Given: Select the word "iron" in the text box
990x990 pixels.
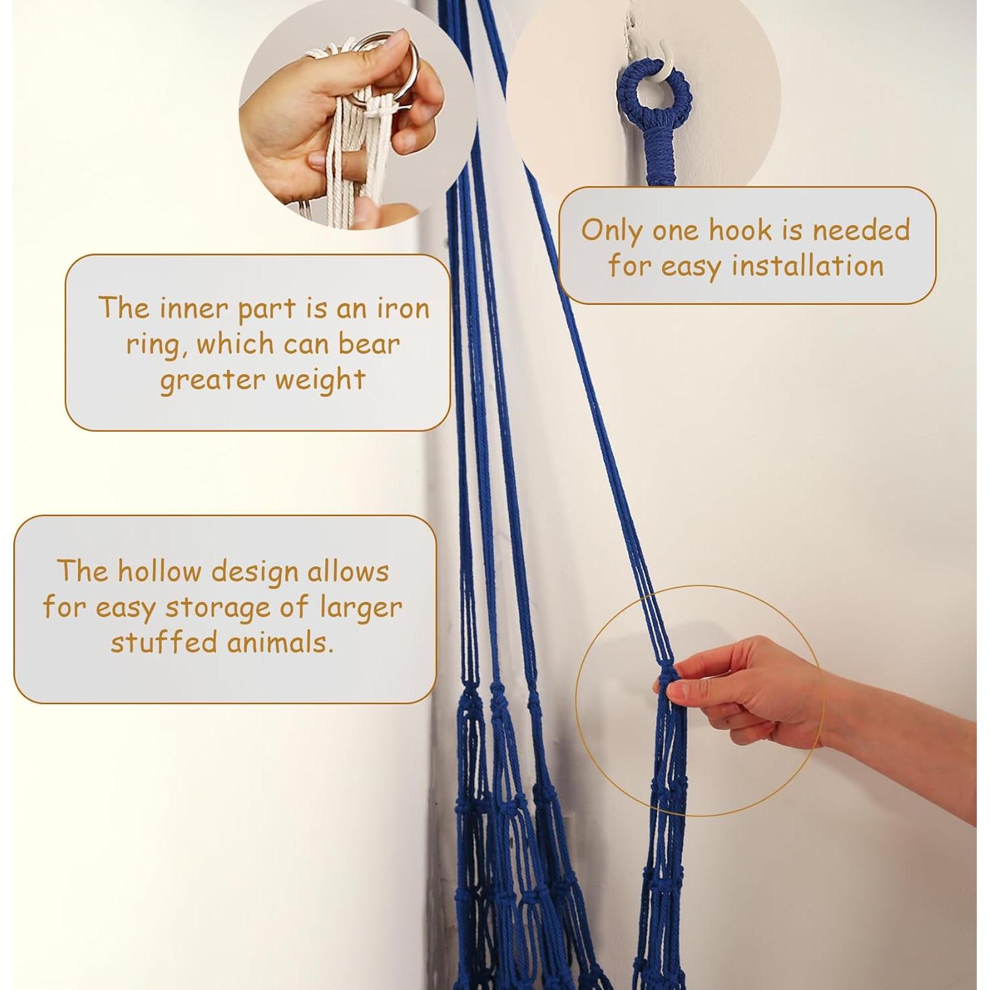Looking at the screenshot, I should [403, 308].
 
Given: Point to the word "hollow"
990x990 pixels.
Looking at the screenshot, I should [158, 571].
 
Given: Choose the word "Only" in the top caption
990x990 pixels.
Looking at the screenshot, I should [611, 231].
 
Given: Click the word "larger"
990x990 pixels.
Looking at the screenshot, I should [361, 608].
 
